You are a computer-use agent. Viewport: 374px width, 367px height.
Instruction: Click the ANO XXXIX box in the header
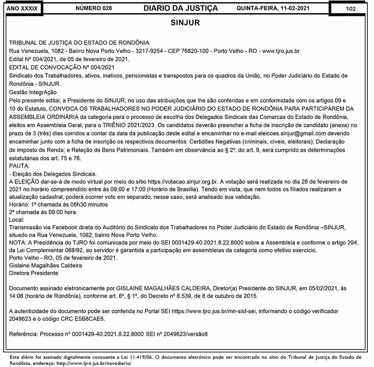point(22,9)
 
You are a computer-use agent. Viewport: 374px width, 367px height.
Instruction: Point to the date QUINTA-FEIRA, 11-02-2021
point(278,8)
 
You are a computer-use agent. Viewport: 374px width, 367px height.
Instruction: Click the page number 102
point(350,9)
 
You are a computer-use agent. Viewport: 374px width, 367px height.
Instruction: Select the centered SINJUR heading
point(185,23)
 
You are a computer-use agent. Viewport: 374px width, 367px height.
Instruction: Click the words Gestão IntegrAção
point(33,92)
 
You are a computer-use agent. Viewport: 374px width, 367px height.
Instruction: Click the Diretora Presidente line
point(34,273)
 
